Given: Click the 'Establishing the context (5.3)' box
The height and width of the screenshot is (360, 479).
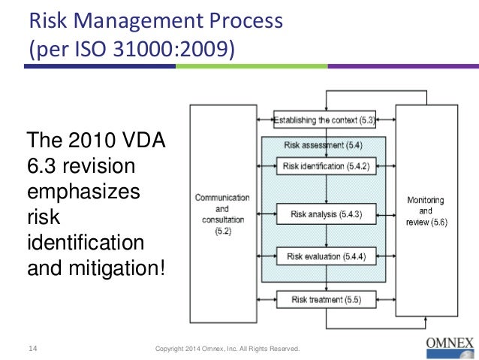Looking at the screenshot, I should tap(325, 119).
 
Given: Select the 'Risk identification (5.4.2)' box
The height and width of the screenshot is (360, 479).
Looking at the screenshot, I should tap(325, 165).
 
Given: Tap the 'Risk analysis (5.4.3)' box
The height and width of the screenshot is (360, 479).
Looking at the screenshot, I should tap(325, 214).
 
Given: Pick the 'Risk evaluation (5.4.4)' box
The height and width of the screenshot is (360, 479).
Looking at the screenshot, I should tap(325, 257).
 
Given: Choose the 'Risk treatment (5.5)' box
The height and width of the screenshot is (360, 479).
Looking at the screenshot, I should tap(325, 300).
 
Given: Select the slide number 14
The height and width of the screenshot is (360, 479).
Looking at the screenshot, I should tap(33, 348).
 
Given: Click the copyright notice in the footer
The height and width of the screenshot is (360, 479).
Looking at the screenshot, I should tap(227, 349).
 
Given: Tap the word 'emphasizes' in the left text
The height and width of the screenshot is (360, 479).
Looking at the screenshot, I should tap(83, 192).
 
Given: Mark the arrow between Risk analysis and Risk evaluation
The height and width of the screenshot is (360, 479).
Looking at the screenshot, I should tap(324, 235).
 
